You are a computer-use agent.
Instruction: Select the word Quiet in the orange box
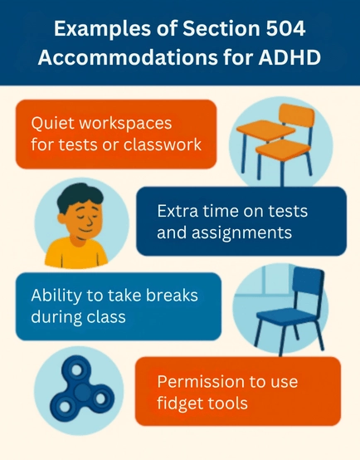(x=52, y=123)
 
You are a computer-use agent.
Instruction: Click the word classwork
(x=163, y=144)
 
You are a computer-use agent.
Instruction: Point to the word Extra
(x=178, y=211)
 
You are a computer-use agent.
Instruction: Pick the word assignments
(x=242, y=233)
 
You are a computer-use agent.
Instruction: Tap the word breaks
(x=172, y=295)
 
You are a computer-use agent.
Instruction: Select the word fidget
(x=178, y=404)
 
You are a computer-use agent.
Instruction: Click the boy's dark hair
(x=79, y=195)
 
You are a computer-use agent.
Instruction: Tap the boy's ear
(x=61, y=218)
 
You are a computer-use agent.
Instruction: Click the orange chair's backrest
(x=296, y=116)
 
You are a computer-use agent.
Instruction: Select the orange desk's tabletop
(x=265, y=129)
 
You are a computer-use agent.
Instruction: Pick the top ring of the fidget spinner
(x=76, y=369)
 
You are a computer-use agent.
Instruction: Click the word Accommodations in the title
(x=129, y=57)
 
